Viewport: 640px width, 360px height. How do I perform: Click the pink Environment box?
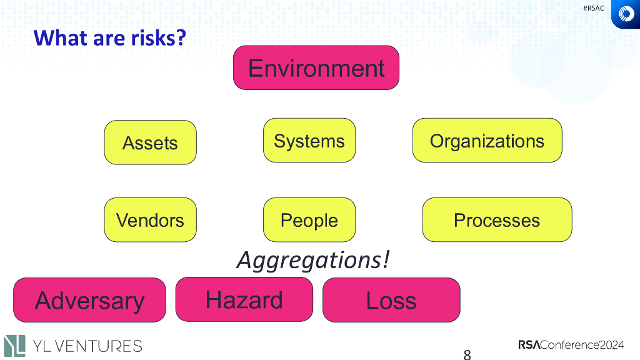[316, 67]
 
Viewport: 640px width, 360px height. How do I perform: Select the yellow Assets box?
[150, 142]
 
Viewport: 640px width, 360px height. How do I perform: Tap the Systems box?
[309, 141]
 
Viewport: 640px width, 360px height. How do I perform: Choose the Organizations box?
[487, 141]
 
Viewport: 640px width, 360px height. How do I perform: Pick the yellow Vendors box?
[150, 220]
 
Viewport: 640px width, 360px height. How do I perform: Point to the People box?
[309, 220]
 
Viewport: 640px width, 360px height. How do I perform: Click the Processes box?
[497, 220]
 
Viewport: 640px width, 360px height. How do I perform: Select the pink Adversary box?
[89, 300]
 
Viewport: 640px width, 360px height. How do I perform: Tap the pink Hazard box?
[244, 299]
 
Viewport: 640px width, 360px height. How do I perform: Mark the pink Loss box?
[391, 300]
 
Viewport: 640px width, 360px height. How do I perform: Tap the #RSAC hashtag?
[593, 8]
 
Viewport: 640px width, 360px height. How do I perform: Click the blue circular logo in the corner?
[625, 14]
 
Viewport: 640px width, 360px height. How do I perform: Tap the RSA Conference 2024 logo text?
[571, 344]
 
